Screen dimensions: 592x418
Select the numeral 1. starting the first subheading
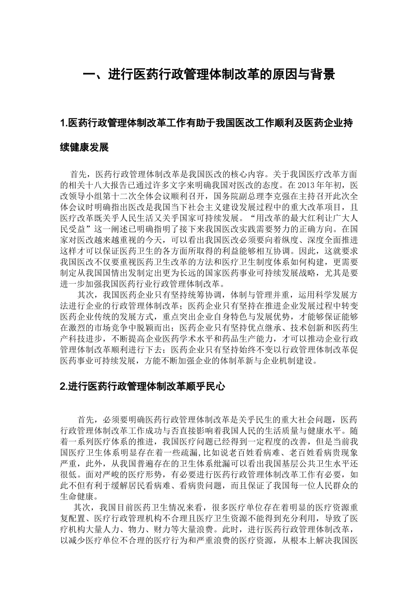[64, 124]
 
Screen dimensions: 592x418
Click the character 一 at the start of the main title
[89, 74]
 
